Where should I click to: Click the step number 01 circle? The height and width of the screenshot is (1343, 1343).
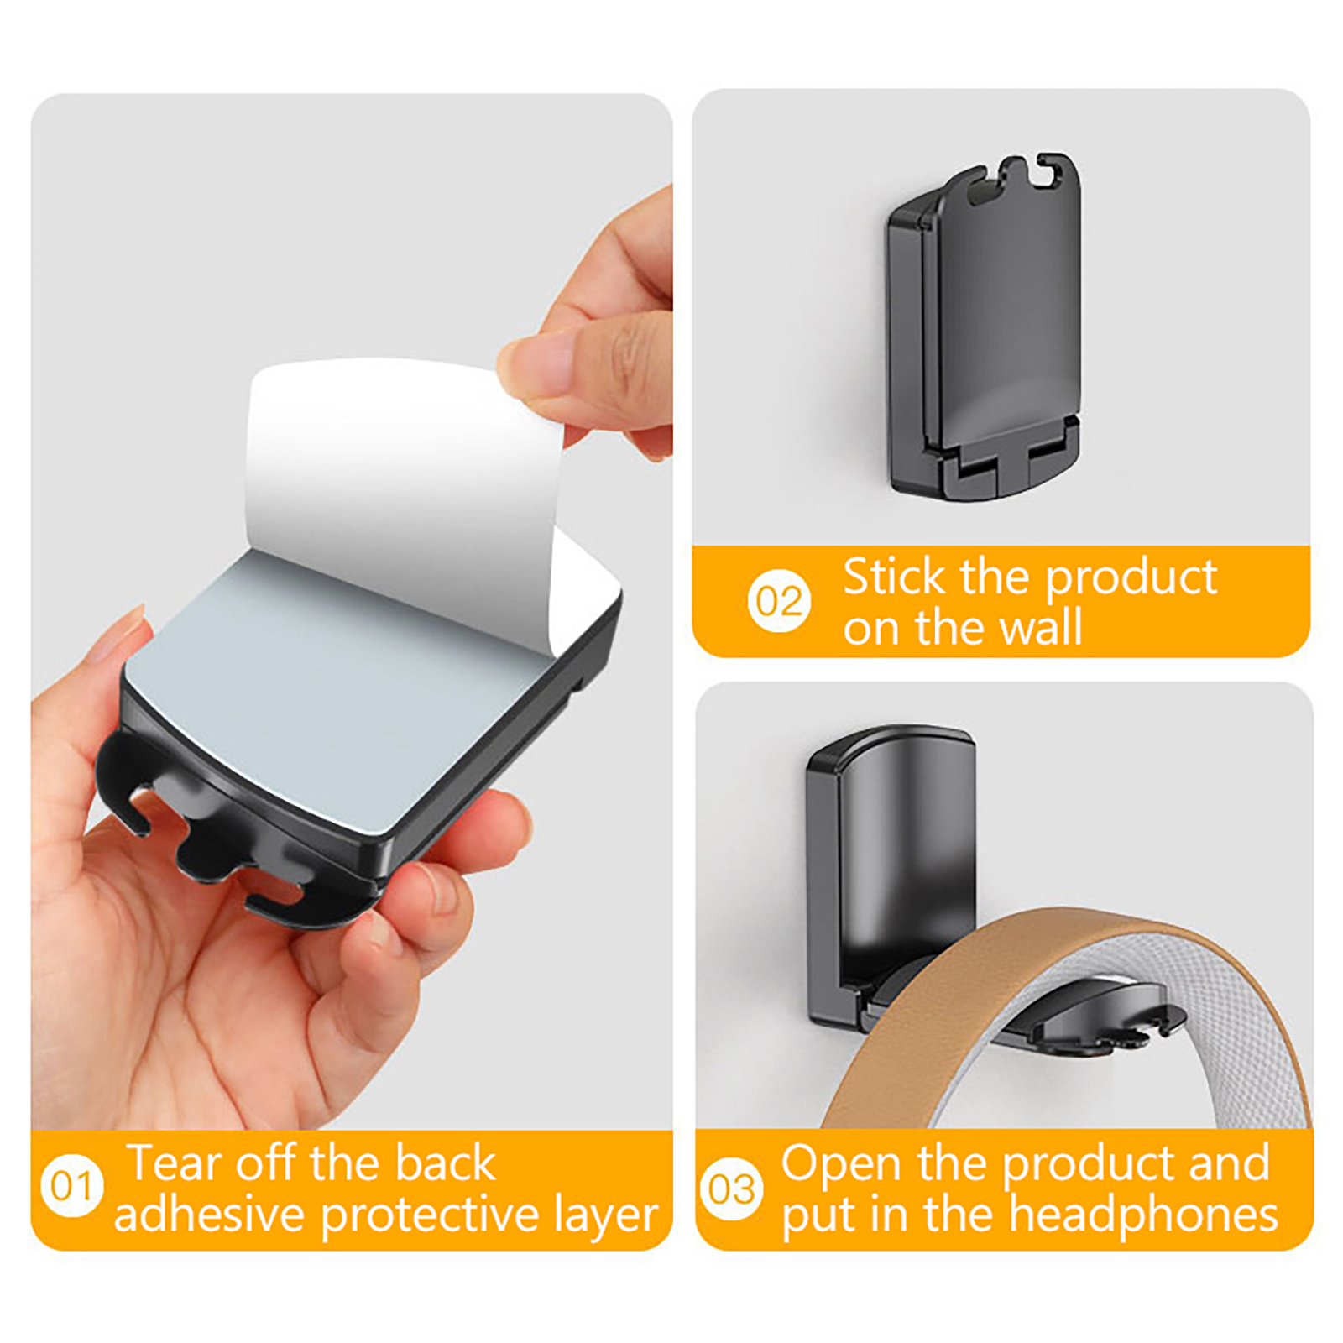72,1185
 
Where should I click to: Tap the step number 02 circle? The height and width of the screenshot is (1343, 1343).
779,601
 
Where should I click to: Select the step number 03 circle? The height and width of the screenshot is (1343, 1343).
731,1189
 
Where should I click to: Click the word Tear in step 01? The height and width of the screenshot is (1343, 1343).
174,1163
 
